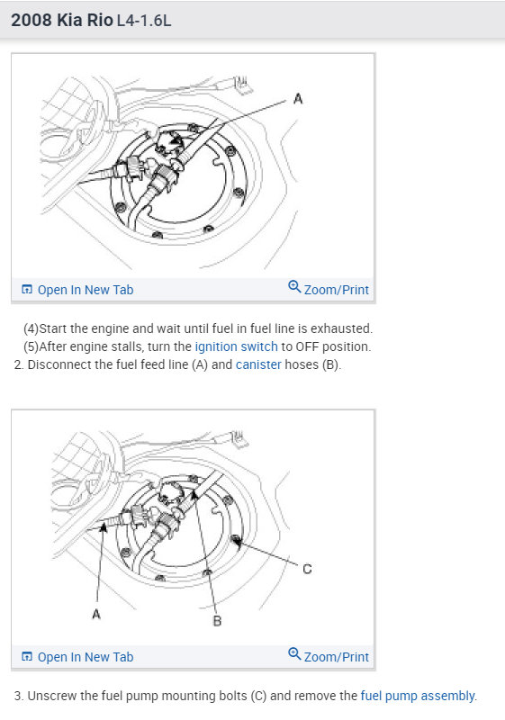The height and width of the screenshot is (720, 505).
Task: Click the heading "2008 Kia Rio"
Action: [x=61, y=20]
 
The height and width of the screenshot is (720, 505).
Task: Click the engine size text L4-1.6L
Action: [x=144, y=21]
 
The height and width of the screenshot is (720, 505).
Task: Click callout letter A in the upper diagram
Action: [x=298, y=99]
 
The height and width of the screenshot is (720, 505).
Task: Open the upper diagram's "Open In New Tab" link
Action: [x=86, y=290]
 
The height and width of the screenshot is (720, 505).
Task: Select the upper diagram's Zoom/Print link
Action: [x=336, y=290]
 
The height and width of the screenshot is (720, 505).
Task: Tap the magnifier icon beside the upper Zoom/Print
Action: [x=294, y=287]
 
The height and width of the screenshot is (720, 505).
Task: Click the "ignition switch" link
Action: [x=237, y=346]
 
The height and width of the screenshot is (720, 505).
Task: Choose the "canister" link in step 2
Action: [x=258, y=364]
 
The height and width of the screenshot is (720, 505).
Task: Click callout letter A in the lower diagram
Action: [x=96, y=614]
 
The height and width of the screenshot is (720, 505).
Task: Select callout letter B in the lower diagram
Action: [x=217, y=621]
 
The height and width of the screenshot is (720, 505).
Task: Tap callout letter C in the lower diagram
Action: [x=307, y=569]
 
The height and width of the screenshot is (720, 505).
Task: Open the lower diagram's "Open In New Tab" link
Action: [x=86, y=657]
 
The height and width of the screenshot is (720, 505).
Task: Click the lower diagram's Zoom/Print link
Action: [x=336, y=657]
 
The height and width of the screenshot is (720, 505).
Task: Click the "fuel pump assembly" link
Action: [x=418, y=696]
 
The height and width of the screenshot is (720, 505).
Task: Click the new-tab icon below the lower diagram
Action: [x=27, y=657]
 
